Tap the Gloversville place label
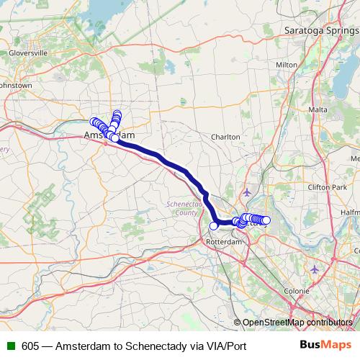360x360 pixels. pos(27,53)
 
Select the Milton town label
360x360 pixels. pos(287,64)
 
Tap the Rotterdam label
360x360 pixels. pos(221,242)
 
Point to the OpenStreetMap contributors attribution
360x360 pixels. pos(297,322)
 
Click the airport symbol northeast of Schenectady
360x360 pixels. pos(248,192)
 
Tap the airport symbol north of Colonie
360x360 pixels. pos(315,269)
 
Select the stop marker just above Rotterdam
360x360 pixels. pos(213,226)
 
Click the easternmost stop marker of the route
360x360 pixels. pos(266,220)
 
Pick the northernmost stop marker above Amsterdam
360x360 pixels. pos(117,113)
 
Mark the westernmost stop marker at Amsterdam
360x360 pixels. pos(93,121)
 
